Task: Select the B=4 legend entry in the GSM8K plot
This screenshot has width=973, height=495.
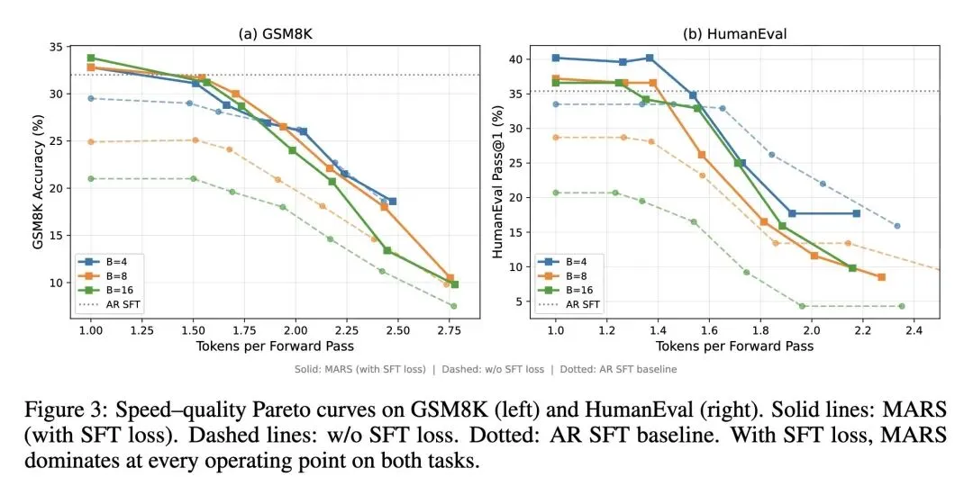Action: pos(106,261)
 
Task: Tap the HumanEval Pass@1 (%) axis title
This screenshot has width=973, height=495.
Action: pos(497,180)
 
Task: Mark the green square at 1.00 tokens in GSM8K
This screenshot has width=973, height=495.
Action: pos(91,58)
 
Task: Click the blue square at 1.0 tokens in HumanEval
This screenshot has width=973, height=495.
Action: pos(556,58)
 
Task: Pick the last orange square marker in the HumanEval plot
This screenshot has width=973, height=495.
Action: pos(881,277)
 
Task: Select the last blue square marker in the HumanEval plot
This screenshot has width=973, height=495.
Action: pos(856,213)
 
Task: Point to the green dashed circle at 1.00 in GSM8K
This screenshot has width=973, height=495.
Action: pos(91,178)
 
